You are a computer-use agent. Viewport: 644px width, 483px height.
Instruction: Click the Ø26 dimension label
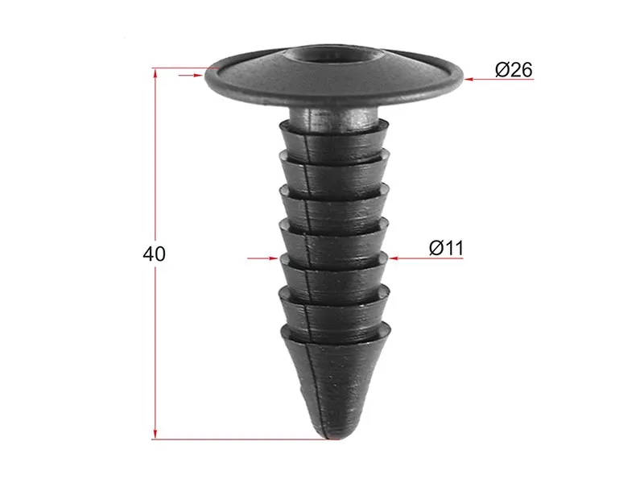coord(514,69)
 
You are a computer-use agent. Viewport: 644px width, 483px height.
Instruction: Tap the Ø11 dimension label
coord(446,248)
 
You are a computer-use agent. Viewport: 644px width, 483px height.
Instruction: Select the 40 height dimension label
coord(154,254)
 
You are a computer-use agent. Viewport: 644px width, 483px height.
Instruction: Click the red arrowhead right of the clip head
coord(469,79)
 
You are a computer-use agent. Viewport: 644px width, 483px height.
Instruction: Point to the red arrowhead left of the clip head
coord(199,75)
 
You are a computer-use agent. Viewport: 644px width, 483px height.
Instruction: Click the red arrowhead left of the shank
coord(274,258)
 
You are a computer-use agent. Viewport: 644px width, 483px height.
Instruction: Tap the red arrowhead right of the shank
coord(394,258)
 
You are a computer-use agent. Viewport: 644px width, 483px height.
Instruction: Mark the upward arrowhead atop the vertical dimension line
coord(155,73)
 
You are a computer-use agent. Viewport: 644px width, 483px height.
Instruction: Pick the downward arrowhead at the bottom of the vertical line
coord(155,434)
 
